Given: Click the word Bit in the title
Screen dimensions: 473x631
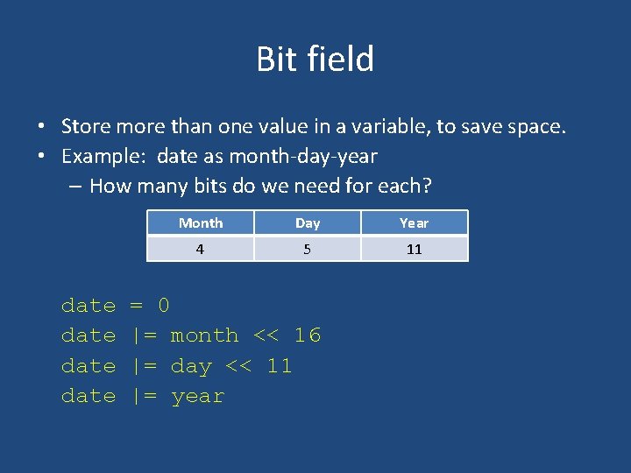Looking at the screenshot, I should click(x=273, y=60).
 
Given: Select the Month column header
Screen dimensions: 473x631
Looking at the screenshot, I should click(x=201, y=223).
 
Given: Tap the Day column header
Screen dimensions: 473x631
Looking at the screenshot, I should click(x=308, y=223).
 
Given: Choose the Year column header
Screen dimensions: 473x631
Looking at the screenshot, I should click(x=414, y=223).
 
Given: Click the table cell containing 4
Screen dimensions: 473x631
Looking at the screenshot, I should click(x=201, y=249).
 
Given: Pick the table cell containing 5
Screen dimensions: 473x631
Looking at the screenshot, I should click(x=308, y=249).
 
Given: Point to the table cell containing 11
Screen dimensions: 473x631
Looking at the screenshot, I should click(x=414, y=249).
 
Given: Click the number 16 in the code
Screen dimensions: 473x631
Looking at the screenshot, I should click(x=308, y=335).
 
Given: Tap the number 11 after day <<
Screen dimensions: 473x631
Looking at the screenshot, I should click(x=279, y=365).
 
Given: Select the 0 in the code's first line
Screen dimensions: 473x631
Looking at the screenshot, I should click(x=163, y=306).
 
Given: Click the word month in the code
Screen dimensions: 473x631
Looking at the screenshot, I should click(x=204, y=335).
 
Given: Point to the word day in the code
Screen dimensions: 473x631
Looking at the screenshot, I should click(x=191, y=366).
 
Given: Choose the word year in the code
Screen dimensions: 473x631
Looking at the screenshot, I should click(x=198, y=397).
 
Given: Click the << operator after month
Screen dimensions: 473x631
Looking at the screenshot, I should click(x=266, y=335).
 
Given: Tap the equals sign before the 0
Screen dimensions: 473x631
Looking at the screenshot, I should click(x=136, y=306).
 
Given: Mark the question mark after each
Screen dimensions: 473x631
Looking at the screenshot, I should click(x=428, y=186).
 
